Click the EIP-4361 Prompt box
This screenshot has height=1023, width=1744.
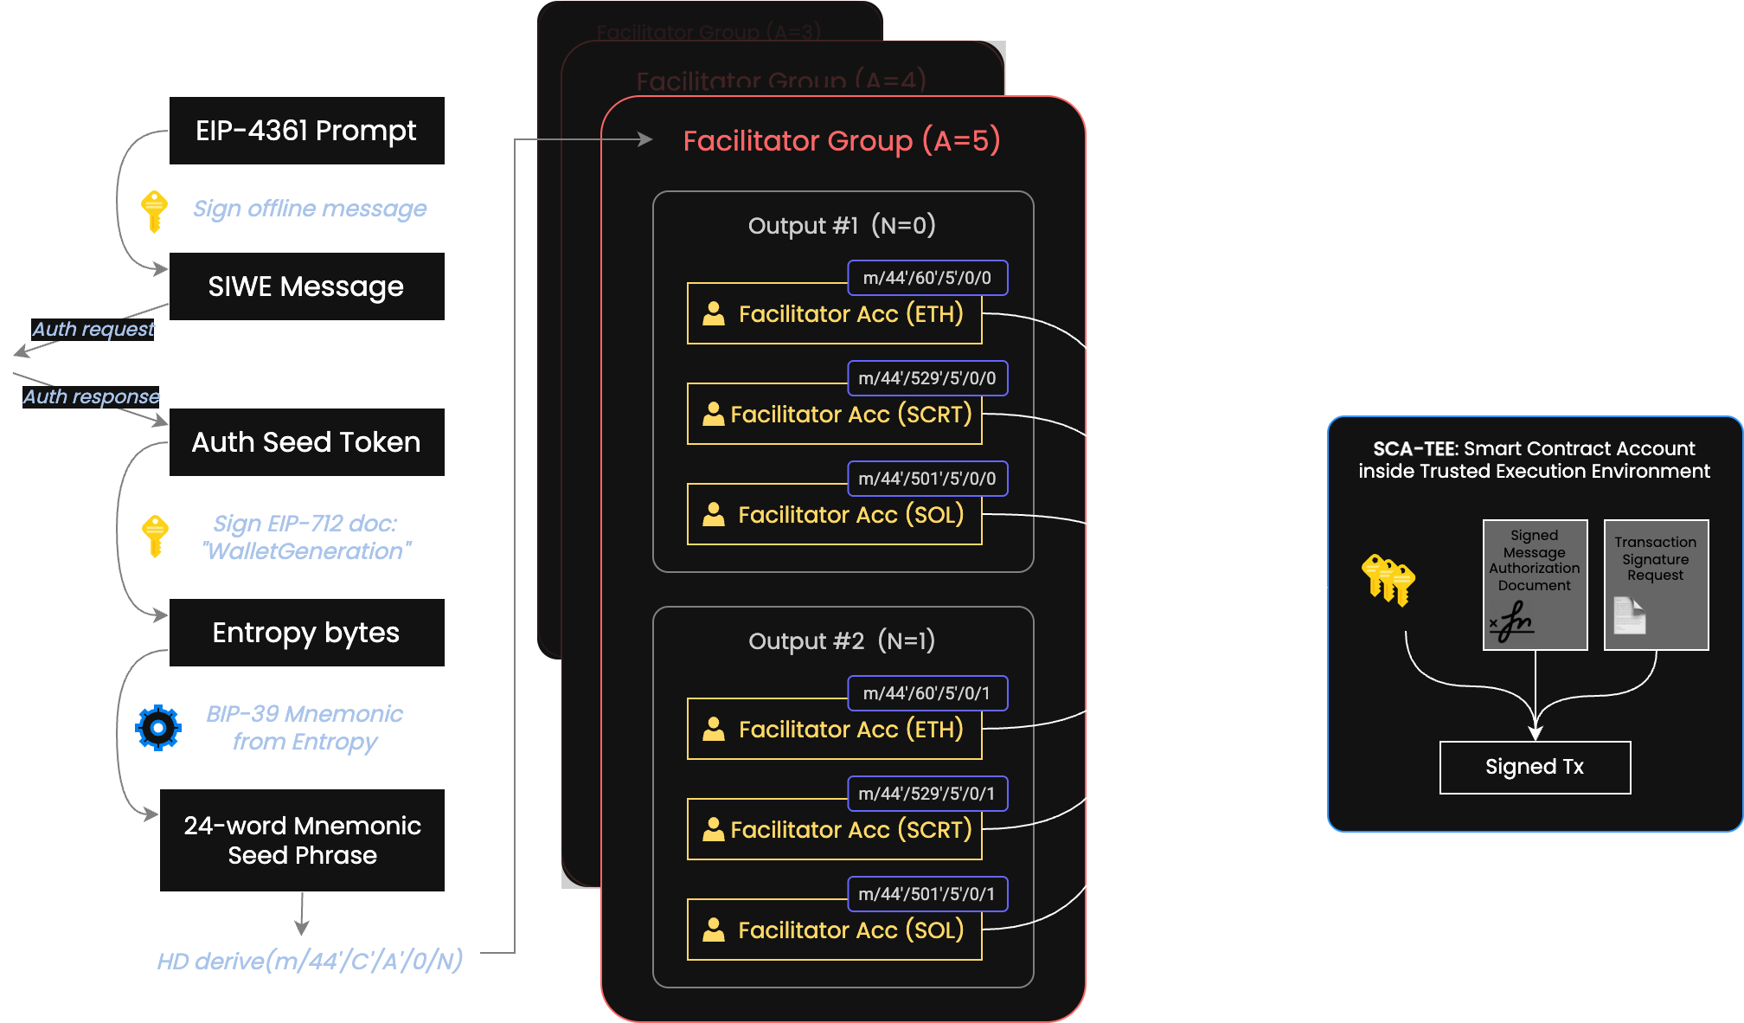306,131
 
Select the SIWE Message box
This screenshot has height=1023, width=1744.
306,286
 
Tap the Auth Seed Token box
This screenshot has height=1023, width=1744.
306,442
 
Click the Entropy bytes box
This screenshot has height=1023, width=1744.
306,633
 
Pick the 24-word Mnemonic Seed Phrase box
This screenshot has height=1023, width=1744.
302,840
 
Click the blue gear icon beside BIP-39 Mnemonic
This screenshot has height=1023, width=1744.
158,728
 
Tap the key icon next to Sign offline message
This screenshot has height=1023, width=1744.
154,211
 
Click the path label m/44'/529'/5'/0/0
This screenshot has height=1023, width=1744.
926,378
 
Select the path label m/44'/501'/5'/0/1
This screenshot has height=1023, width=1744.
926,894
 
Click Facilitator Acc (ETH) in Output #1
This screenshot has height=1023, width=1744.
835,314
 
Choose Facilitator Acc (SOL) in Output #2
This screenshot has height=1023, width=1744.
835,930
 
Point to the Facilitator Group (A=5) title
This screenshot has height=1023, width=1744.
841,140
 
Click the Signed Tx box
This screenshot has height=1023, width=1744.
1535,768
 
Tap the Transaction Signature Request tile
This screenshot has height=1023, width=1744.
1656,585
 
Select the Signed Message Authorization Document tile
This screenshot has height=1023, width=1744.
1535,585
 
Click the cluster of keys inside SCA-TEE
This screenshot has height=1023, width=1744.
1388,580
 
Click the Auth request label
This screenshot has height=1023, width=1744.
93,330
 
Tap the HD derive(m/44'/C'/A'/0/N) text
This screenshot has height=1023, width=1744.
310,961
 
